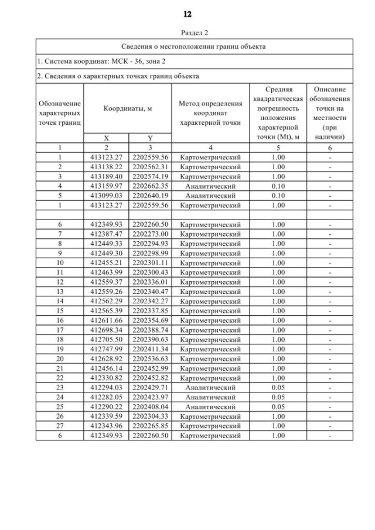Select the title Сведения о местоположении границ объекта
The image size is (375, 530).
[194, 46]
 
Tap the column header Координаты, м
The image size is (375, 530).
[128, 109]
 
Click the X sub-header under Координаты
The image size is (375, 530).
[106, 138]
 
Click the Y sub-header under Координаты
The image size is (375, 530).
[150, 138]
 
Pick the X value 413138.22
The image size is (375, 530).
[106, 167]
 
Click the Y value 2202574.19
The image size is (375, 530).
[150, 176]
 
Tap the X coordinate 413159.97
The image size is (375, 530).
[106, 186]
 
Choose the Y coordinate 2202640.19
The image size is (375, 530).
[150, 196]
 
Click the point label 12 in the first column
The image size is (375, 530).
[60, 282]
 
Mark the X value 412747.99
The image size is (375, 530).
[106, 350]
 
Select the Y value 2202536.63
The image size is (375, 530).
[150, 359]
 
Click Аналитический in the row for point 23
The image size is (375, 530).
[210, 388]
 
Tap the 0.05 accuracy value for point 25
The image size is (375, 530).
[278, 407]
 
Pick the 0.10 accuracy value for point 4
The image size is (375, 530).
[278, 186]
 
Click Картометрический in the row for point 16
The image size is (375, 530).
[210, 320]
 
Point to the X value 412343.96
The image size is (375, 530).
[106, 426]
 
